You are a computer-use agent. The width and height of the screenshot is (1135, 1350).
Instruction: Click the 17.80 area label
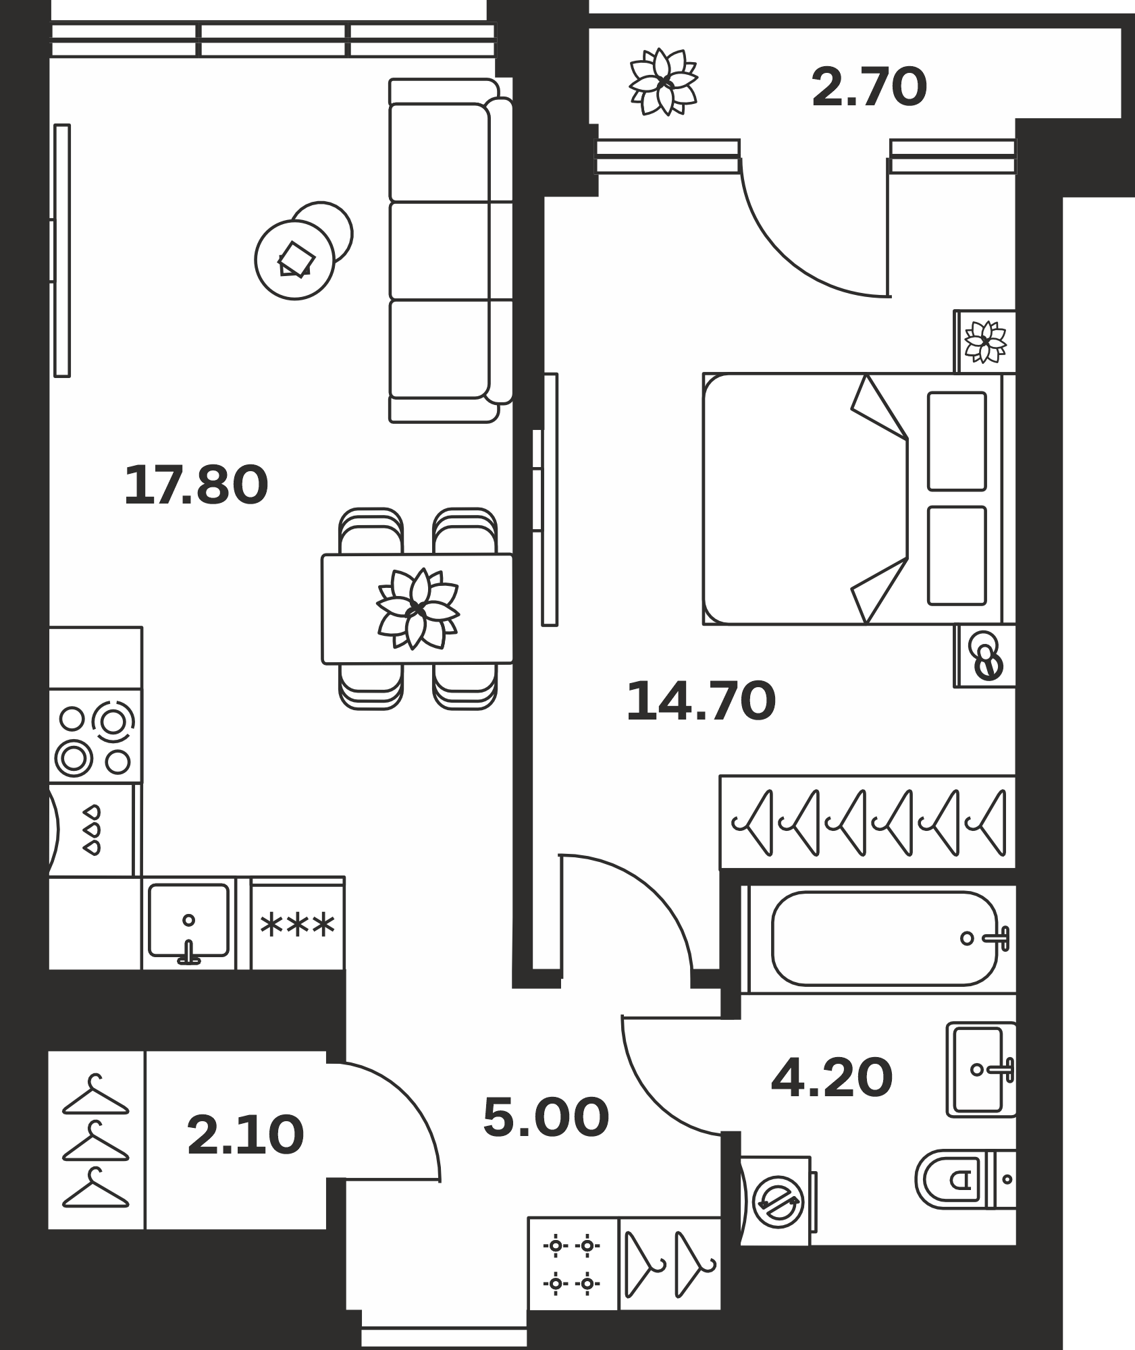tap(196, 485)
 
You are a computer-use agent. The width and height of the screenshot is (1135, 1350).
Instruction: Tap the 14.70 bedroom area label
tap(701, 701)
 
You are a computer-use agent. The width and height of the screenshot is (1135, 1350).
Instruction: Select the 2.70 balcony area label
tap(870, 88)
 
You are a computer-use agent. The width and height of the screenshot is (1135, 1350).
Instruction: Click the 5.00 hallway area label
tap(546, 1116)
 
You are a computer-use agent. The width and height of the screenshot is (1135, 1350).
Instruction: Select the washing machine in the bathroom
tap(778, 1201)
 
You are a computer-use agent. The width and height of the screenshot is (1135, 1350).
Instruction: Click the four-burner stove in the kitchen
tap(95, 736)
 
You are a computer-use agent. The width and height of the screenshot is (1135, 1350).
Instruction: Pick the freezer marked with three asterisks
tap(298, 923)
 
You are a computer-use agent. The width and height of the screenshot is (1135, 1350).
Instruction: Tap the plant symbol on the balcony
tap(664, 82)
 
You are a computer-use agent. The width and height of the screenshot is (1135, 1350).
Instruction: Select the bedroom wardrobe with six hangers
tap(868, 821)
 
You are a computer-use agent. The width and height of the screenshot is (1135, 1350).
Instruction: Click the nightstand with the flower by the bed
tap(985, 342)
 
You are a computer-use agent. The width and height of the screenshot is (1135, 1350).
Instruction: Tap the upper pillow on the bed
tap(957, 441)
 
